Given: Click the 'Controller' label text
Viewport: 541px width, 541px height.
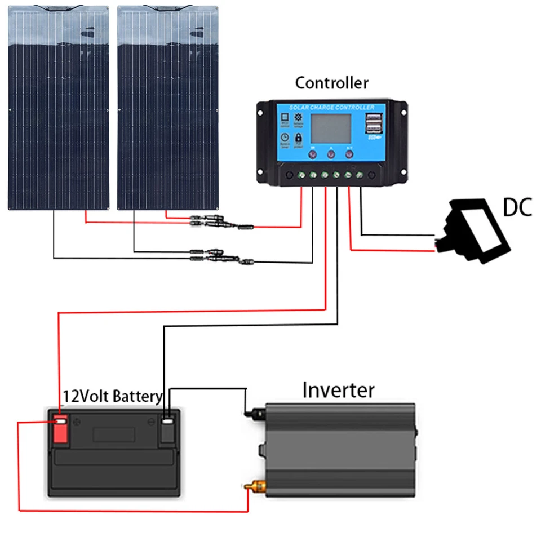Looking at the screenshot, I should pyautogui.click(x=331, y=83).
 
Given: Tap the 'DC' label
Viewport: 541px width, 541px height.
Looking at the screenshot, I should pyautogui.click(x=517, y=208).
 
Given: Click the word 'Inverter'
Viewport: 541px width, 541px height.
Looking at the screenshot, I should pyautogui.click(x=338, y=389).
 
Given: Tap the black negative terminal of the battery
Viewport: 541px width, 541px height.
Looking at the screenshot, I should pyautogui.click(x=167, y=430).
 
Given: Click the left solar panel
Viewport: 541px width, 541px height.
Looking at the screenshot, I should pyautogui.click(x=58, y=107).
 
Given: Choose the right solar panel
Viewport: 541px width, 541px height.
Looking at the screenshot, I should pyautogui.click(x=167, y=107).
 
